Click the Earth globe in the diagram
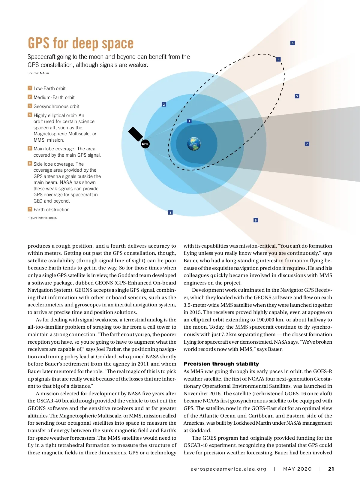coord(194,144)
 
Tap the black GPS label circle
coord(145,144)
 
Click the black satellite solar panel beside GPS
coord(135,134)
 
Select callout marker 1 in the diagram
coord(189,121)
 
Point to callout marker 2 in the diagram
coord(164,104)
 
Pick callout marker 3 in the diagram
coord(170,212)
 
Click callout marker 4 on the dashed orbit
coord(278,59)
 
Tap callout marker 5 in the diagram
coord(297,96)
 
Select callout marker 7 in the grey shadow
coord(307,144)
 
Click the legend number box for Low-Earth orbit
coord(30,88)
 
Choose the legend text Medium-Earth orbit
coord(54,97)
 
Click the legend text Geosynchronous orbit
coord(56,106)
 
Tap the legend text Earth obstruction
coord(52,209)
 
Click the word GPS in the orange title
coord(39,43)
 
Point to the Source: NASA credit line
coord(38,73)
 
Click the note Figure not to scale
coord(42,218)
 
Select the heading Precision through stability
coord(221,363)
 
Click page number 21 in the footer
coord(331,469)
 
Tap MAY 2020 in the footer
coord(297,469)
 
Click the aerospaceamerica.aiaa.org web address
coord(229,469)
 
